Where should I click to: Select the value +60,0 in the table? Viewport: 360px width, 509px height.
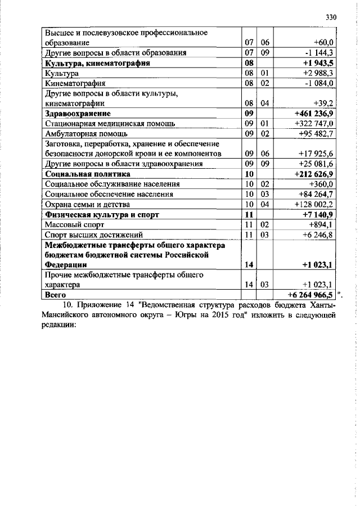(x=323, y=43)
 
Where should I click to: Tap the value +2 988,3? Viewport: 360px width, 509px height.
(x=318, y=74)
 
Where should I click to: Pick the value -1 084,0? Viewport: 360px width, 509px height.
(x=319, y=84)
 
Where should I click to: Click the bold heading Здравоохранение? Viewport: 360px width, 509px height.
(x=77, y=114)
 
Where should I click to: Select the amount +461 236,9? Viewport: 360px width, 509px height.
(x=314, y=114)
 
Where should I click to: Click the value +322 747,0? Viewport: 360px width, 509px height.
(x=315, y=124)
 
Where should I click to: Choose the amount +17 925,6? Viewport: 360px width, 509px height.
(x=317, y=154)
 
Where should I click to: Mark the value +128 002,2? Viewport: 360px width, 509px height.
(x=314, y=204)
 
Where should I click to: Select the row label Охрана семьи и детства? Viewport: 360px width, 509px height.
(x=87, y=204)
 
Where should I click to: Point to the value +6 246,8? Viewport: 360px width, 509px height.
(x=318, y=235)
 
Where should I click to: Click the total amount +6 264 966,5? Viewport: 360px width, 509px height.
(x=311, y=295)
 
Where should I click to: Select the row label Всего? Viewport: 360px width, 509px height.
(x=56, y=295)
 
